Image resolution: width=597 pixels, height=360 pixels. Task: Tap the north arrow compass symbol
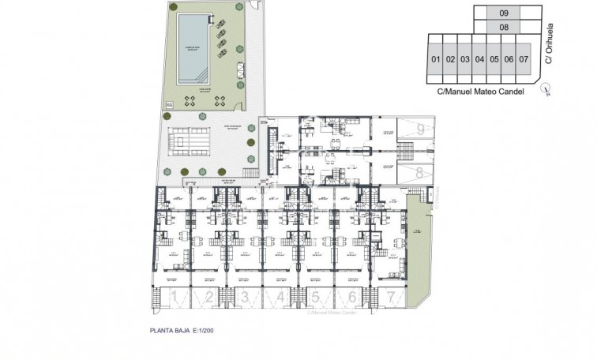coord(545,90)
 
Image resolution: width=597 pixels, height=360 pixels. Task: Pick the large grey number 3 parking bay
coord(246,297)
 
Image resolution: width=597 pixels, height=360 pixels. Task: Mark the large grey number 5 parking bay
coord(315,297)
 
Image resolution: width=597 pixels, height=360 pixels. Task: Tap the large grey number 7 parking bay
coord(390,297)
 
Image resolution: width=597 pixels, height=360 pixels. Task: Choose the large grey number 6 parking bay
coord(351,297)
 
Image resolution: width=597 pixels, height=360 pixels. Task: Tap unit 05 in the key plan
coord(494,59)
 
